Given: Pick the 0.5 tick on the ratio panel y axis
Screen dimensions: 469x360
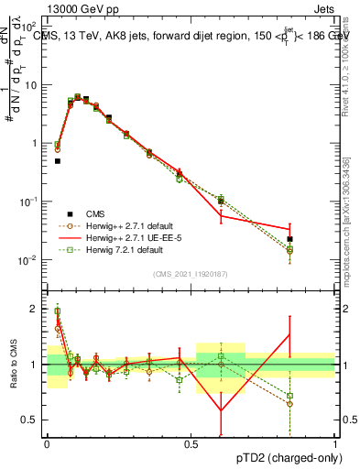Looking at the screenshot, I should (35, 420).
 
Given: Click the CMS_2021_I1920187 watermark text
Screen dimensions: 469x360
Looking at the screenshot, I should (191, 274).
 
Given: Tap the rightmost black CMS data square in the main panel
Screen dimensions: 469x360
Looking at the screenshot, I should (290, 238).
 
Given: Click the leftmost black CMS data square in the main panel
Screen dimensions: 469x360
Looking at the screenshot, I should (57, 161).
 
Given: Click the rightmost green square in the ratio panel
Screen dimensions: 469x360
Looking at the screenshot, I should (290, 396).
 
